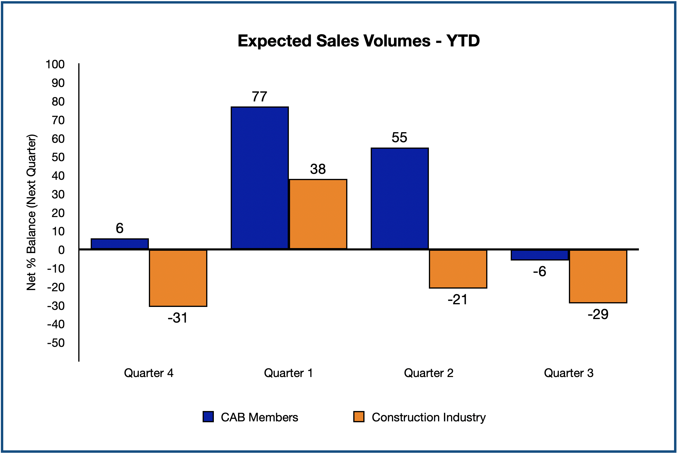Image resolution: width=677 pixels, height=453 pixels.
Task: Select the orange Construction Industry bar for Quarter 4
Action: tap(178, 278)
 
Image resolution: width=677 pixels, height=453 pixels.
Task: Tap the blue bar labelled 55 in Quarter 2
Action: tap(400, 198)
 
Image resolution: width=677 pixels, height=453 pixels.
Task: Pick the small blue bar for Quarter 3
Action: tap(540, 255)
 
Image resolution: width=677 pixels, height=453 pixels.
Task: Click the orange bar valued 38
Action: tap(318, 214)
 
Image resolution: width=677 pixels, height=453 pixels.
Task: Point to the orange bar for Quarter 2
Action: tap(458, 269)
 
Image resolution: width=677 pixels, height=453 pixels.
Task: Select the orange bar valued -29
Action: tap(598, 276)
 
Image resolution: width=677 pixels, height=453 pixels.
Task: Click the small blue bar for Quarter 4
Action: tap(120, 244)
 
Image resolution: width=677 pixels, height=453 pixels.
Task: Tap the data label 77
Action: tap(259, 97)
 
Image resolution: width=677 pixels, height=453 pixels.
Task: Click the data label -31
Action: tap(178, 318)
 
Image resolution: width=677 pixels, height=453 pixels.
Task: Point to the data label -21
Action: tap(458, 300)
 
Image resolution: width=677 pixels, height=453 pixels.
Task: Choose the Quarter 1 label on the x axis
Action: tap(288, 373)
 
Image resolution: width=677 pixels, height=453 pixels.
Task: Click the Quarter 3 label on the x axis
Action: tap(569, 373)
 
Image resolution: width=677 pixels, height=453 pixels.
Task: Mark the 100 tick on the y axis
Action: tap(55, 64)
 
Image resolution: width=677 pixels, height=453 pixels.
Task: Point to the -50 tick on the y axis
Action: tap(56, 343)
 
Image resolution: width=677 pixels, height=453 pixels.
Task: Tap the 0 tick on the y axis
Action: tap(61, 250)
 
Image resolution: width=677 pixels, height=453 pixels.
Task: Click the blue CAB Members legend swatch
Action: tap(208, 417)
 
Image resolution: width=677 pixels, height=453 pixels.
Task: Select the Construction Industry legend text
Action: tap(429, 417)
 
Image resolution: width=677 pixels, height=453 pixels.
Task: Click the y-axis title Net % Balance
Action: tap(31, 212)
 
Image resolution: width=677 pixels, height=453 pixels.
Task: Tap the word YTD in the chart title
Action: tap(463, 41)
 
